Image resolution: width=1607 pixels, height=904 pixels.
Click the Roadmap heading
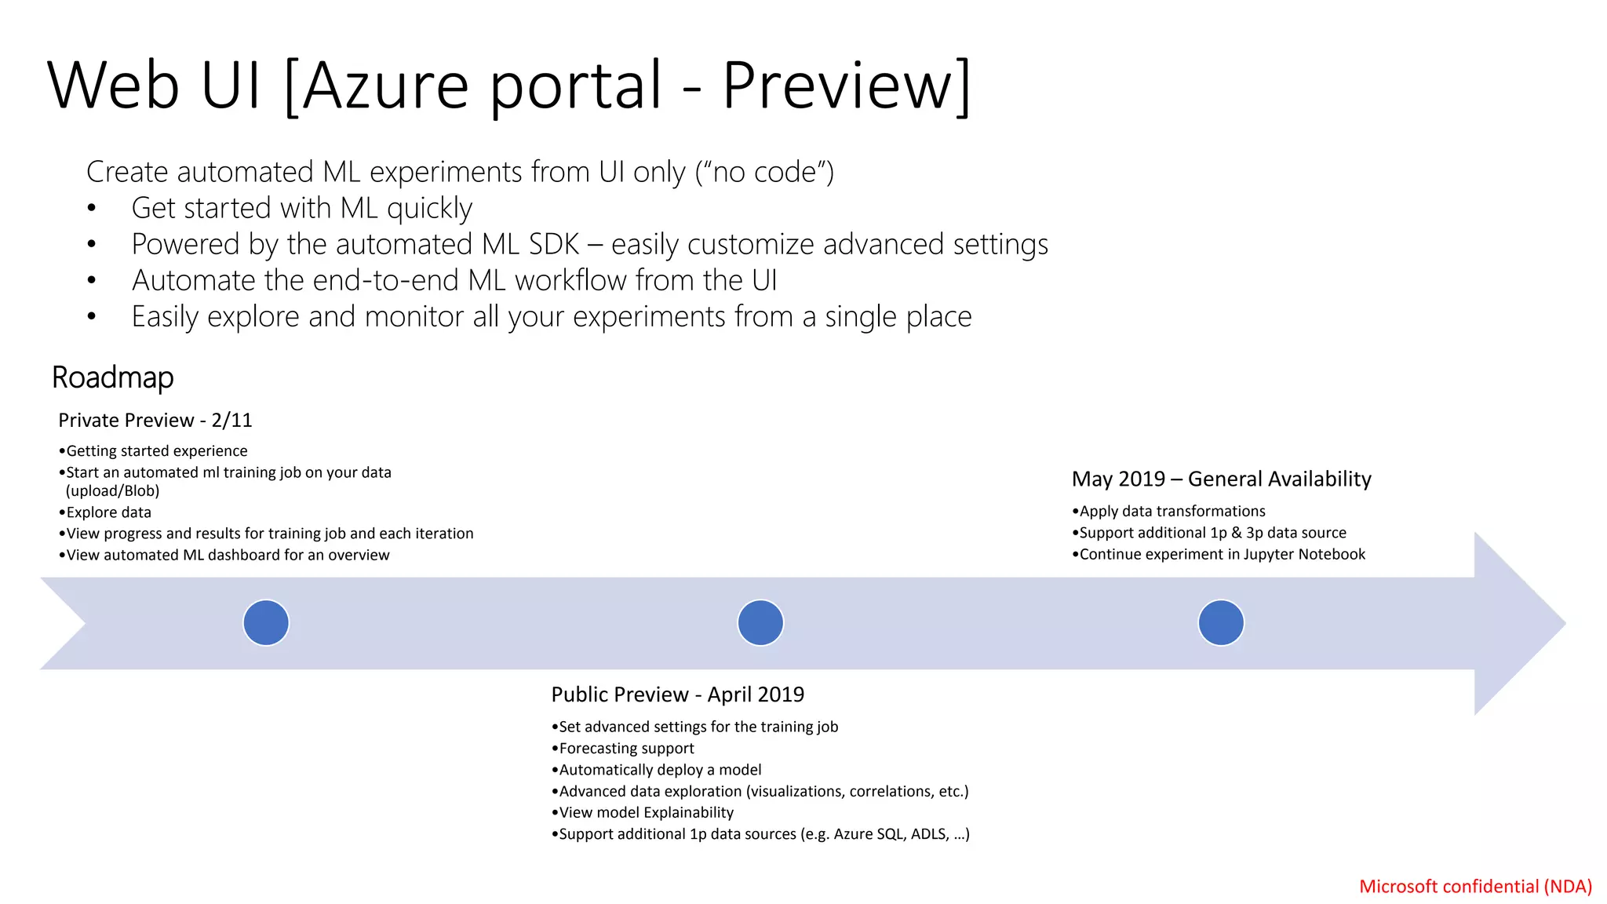(x=112, y=377)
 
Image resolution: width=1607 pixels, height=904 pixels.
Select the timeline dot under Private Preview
(x=266, y=622)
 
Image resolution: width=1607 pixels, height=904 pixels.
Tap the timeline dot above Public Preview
(x=760, y=622)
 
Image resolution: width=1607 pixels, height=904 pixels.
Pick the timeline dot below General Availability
(x=1221, y=622)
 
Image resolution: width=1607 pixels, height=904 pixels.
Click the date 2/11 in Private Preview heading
(x=231, y=421)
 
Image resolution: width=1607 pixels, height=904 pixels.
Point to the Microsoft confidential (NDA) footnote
(x=1475, y=886)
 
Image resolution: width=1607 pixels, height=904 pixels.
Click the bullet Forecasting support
(x=625, y=749)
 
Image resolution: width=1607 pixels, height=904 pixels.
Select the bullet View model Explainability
(x=645, y=813)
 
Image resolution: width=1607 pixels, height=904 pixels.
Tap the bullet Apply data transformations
(x=1172, y=512)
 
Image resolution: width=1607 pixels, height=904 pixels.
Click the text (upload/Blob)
(x=112, y=491)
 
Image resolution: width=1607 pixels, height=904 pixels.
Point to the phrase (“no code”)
(x=764, y=172)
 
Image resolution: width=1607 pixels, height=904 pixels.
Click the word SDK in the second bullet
(x=553, y=245)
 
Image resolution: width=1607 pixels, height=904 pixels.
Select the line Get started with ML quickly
(x=301, y=209)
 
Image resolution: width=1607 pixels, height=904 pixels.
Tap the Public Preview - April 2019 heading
(x=677, y=694)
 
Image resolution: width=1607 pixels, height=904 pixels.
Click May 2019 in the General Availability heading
(x=1118, y=479)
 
